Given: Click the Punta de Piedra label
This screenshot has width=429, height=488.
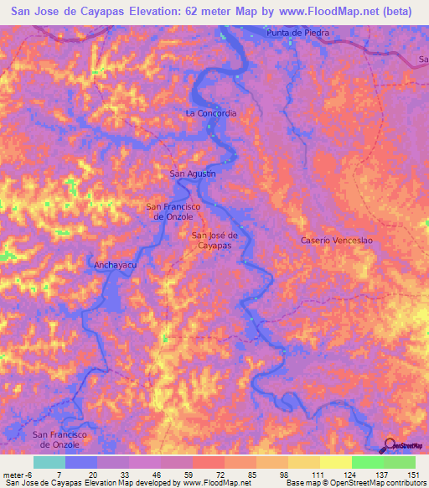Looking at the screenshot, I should point(297,33).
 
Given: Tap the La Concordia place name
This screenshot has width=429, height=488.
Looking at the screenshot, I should point(211,112).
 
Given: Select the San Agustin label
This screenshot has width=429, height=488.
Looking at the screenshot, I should point(193,174).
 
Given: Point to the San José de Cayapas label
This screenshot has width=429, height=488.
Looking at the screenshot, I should point(216,241).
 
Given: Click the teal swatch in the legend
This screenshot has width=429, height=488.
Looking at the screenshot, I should point(49,462).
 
